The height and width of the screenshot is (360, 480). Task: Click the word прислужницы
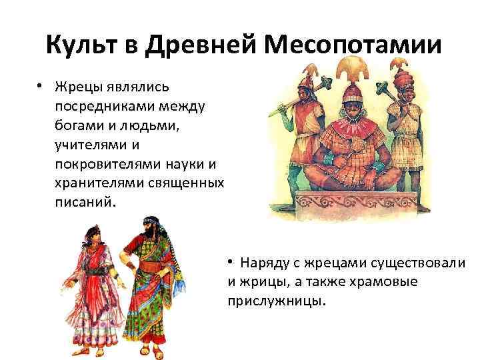point(277,300)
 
